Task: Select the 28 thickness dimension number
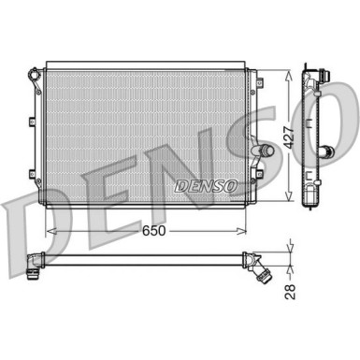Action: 292,293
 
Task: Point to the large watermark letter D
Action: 23,211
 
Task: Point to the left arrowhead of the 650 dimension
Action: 49,228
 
